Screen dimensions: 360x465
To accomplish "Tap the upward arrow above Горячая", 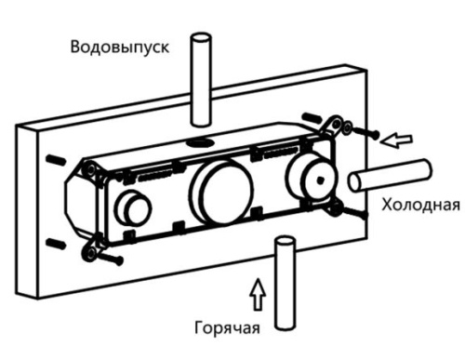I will point(257,293).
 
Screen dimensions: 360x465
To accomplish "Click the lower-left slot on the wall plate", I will point(56,242).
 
